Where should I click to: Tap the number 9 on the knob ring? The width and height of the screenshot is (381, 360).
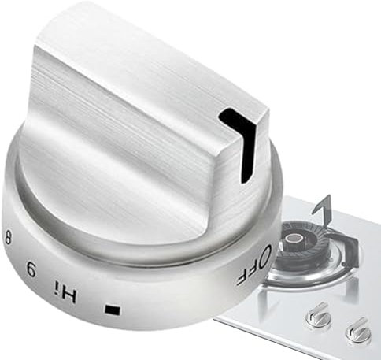pos(31,269)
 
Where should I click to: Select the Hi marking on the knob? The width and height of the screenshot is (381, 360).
pos(65,291)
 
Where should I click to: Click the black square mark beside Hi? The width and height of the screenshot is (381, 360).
pos(113,310)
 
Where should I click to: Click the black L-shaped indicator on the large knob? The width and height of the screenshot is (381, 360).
pos(242,139)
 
